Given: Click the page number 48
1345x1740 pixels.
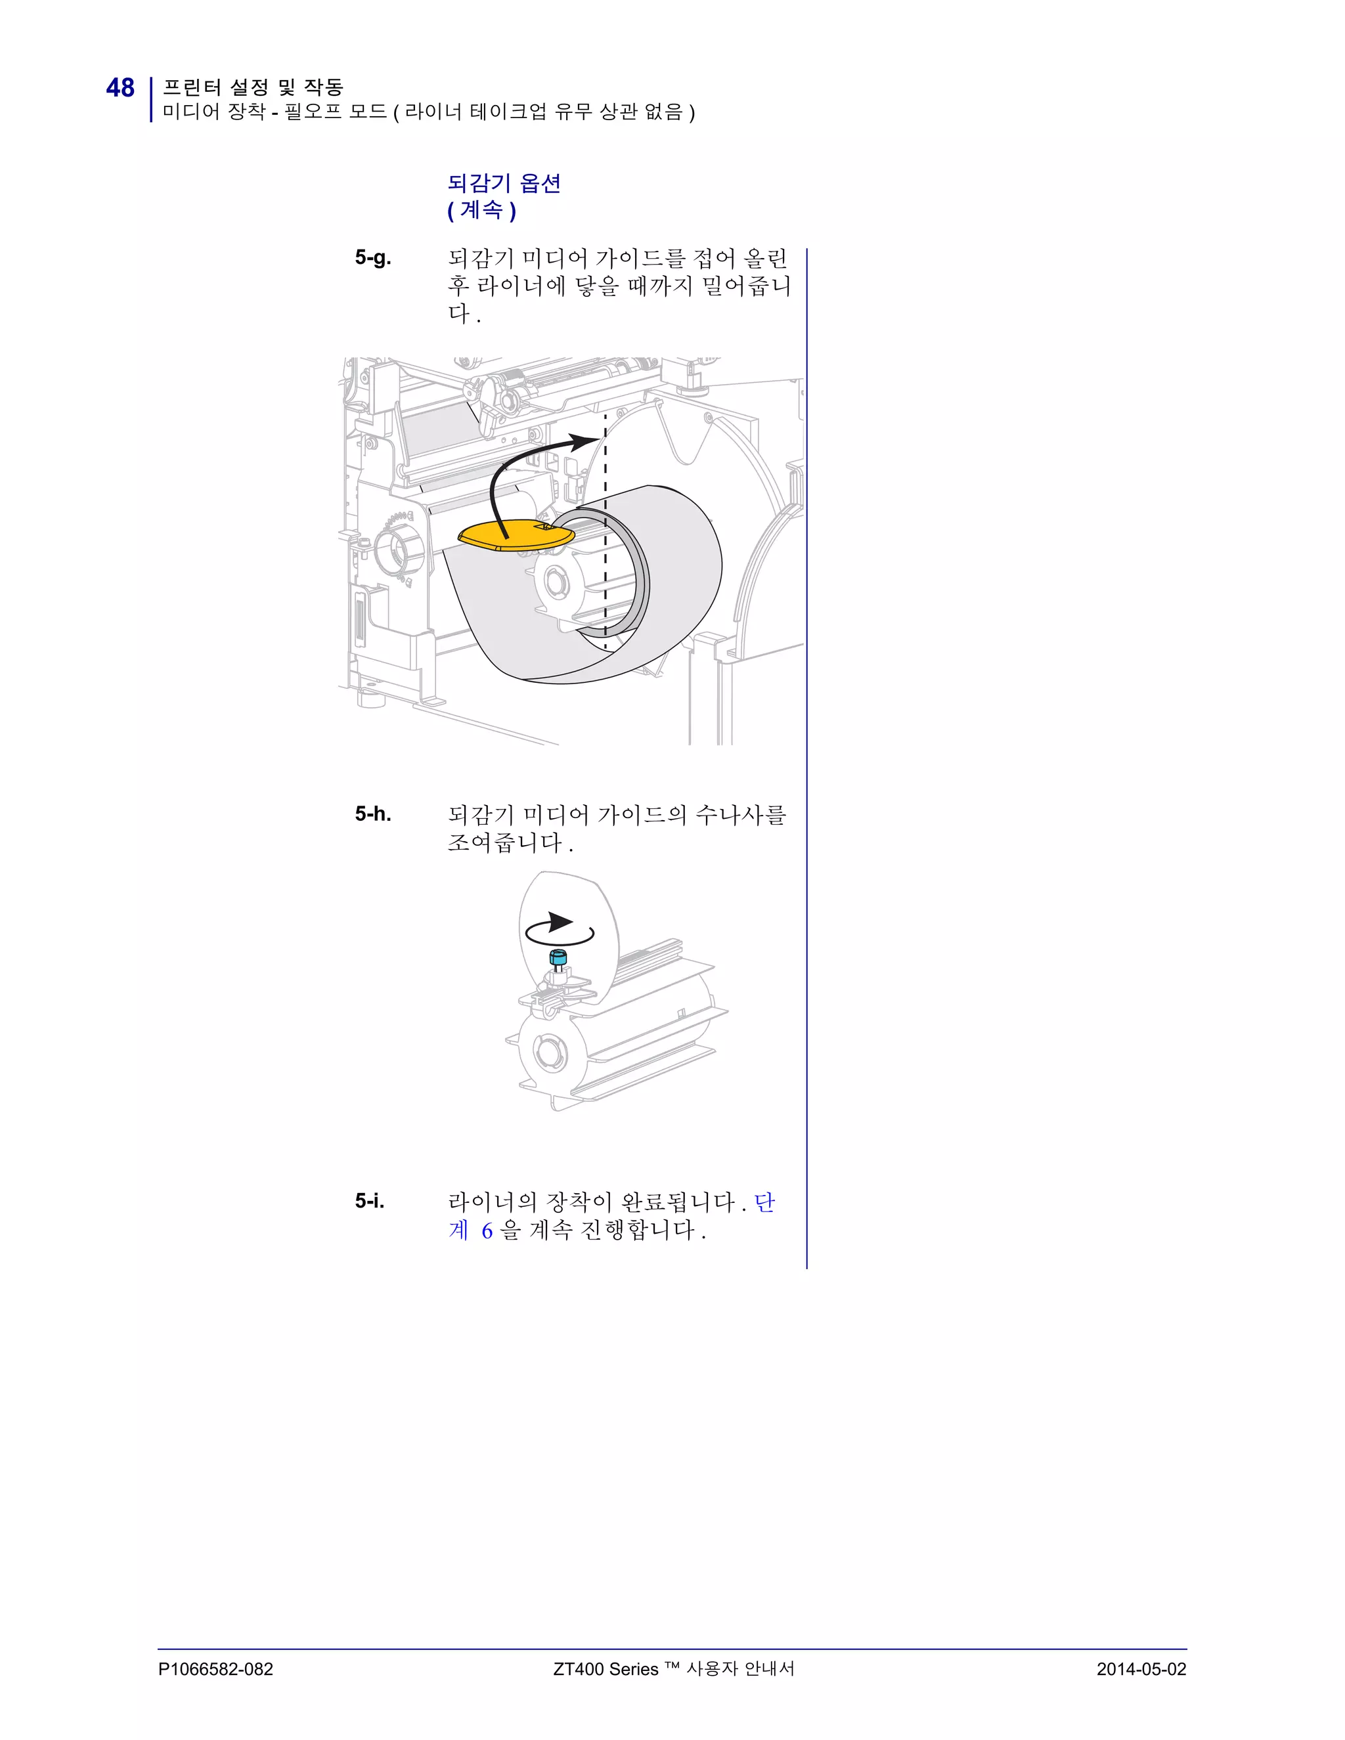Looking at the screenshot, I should click(x=120, y=87).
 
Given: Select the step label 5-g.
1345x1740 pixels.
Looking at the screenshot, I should click(x=373, y=257).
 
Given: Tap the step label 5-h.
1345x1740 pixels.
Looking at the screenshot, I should click(x=373, y=814).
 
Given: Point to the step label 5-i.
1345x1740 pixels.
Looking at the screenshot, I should click(x=370, y=1201).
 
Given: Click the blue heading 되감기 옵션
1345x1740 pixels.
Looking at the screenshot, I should click(x=504, y=183).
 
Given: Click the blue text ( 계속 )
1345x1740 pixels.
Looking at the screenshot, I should click(x=481, y=210).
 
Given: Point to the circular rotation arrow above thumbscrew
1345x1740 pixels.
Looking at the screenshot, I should click(x=560, y=929).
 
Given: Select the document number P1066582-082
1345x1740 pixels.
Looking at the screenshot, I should click(x=215, y=1669).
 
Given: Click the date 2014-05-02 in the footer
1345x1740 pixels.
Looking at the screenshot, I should click(x=1140, y=1669).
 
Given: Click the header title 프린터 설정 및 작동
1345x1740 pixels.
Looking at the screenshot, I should click(x=253, y=86).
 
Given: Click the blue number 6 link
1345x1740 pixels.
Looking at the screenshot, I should click(x=487, y=1231).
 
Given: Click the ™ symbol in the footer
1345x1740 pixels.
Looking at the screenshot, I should click(x=671, y=1666).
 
